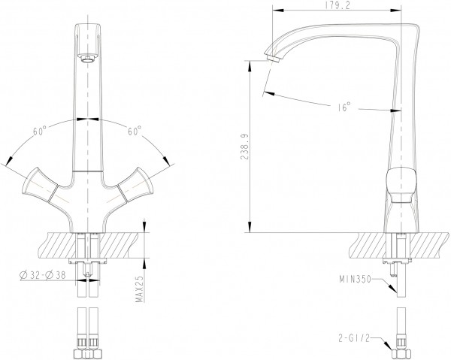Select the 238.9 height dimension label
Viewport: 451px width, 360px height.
tap(244, 147)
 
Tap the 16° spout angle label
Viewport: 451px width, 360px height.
tap(344, 107)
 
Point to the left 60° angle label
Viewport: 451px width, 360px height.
tap(39, 131)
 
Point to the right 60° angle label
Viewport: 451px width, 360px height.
tap(135, 131)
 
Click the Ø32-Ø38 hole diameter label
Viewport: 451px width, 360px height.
tap(42, 275)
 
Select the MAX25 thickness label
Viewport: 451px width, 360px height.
tap(140, 289)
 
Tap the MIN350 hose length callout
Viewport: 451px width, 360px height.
tap(356, 279)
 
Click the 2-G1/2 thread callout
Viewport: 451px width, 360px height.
tap(354, 338)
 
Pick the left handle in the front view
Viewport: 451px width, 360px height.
tap(40, 185)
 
